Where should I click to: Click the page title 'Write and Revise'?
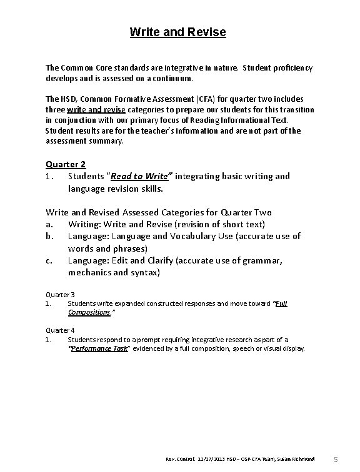tap(177, 32)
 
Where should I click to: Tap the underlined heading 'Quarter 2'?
tap(66, 164)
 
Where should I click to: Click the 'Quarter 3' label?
tap(61, 294)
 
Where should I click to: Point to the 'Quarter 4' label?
tap(61, 330)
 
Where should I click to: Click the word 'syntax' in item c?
tap(144, 273)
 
